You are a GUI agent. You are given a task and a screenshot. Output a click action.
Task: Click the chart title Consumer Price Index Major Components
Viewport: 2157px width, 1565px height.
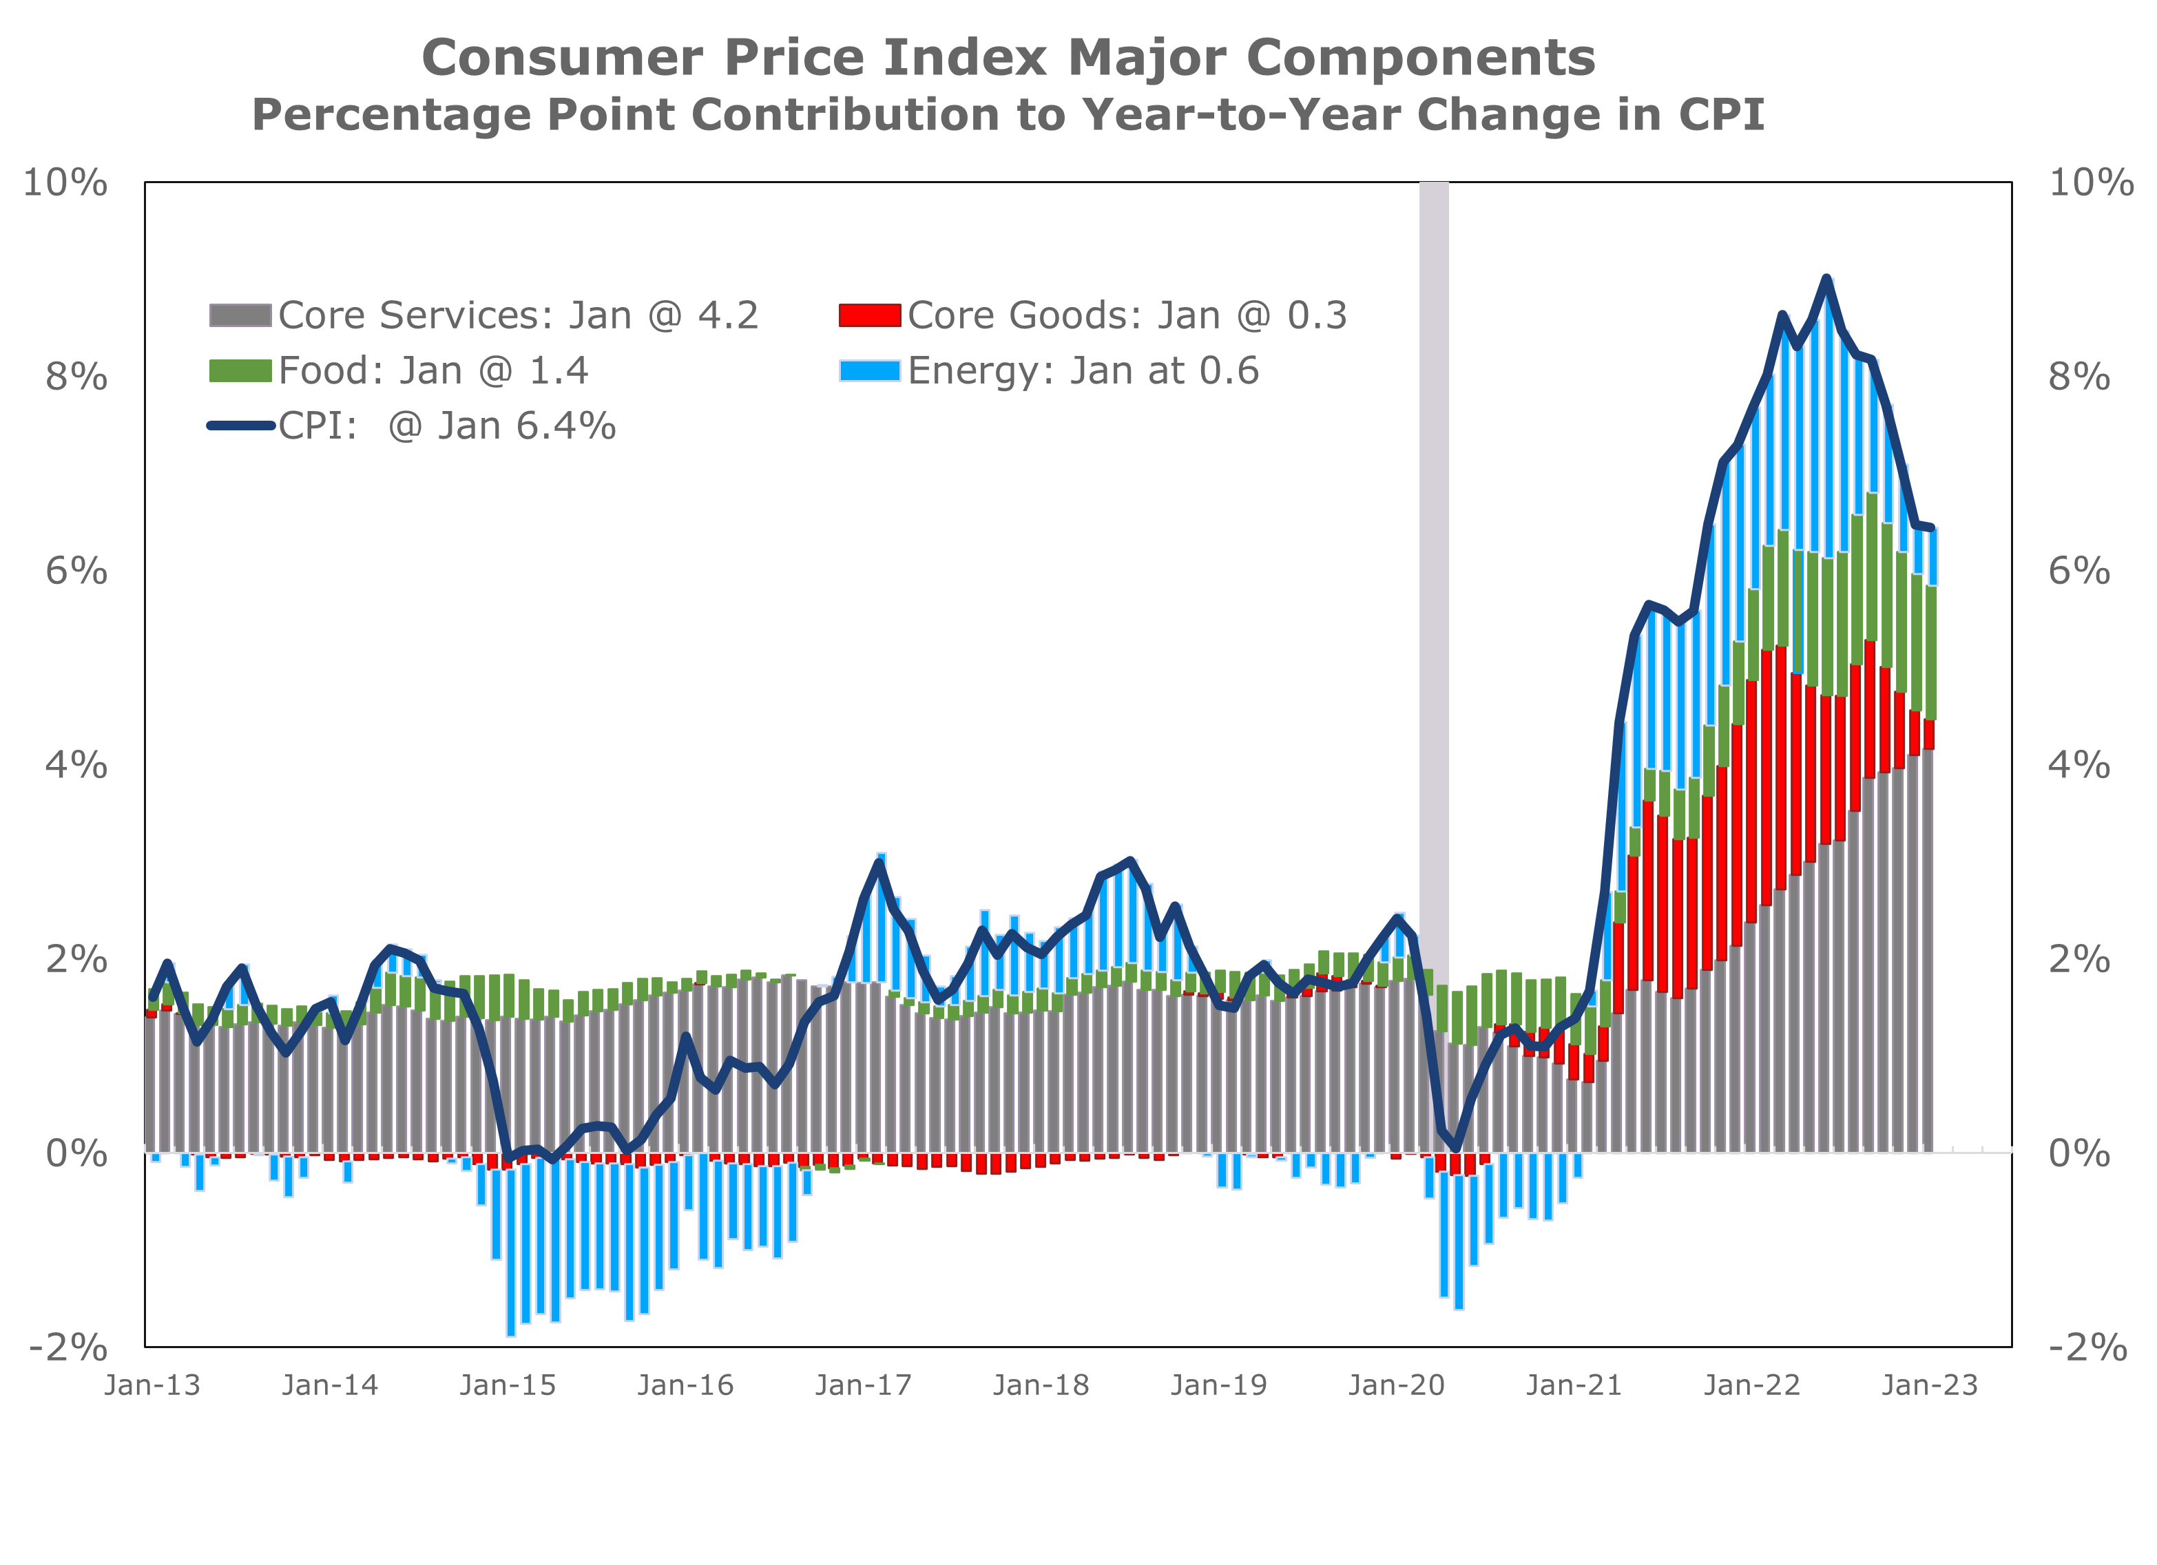pos(1008,57)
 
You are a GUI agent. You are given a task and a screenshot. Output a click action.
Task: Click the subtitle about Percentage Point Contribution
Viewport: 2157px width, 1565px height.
pos(1008,115)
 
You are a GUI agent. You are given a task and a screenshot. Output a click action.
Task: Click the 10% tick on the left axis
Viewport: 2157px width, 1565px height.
pos(65,182)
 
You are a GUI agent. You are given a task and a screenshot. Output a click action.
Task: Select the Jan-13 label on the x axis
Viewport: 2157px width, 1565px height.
pos(153,1385)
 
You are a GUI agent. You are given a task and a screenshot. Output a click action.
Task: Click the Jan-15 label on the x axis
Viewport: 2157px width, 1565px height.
pos(508,1385)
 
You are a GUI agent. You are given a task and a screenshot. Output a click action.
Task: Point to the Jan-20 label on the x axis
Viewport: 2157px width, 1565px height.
pos(1396,1385)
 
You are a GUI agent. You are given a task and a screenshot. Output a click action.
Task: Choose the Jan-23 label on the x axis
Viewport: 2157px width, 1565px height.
pos(1930,1385)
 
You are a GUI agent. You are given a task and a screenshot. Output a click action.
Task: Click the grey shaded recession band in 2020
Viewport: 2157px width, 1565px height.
pos(1434,571)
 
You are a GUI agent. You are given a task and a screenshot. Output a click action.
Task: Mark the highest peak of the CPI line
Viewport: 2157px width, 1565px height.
pos(1826,279)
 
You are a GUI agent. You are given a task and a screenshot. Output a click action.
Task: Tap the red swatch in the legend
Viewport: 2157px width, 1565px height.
pos(869,315)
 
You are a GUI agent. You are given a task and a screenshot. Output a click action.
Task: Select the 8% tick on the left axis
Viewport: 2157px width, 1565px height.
pos(76,377)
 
